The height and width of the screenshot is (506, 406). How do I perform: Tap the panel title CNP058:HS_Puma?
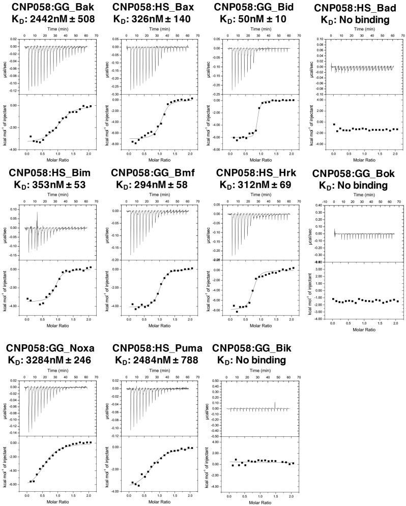(x=157, y=348)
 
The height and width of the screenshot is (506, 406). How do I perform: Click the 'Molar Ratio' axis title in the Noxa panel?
(x=57, y=502)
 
